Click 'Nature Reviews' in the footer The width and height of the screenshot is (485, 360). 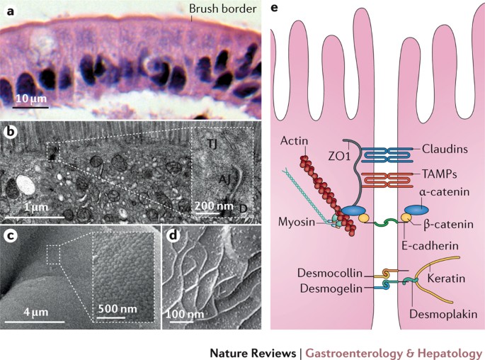(252, 351)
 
